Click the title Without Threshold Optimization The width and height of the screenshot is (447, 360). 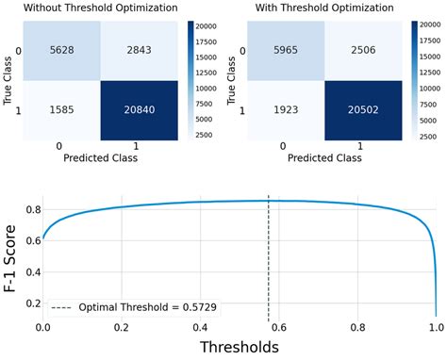(x=100, y=8)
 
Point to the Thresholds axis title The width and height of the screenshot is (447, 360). (x=239, y=348)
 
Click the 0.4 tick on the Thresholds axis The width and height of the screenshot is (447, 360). (x=199, y=327)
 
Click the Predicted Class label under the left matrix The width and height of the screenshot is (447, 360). (x=100, y=157)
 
